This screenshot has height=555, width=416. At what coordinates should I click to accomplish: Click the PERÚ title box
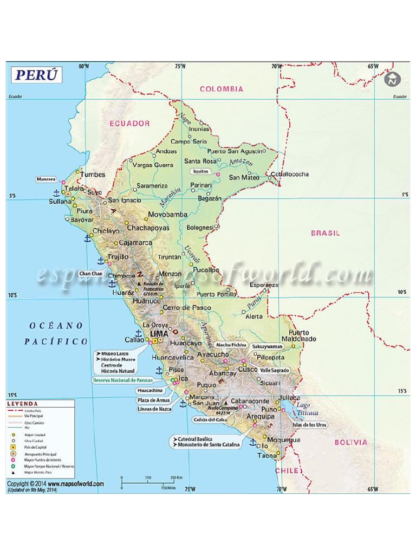(36, 75)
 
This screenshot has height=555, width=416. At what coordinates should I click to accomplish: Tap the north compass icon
(392, 79)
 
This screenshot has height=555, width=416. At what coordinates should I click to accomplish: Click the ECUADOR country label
(129, 123)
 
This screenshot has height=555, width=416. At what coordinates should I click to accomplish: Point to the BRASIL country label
(325, 233)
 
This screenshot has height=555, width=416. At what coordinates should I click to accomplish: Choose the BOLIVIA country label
(350, 442)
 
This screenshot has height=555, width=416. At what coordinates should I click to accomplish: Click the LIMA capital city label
(159, 333)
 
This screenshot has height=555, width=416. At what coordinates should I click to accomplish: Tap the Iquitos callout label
(200, 171)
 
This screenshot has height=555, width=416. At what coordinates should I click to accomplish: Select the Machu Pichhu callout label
(231, 345)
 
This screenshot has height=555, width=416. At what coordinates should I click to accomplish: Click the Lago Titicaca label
(303, 409)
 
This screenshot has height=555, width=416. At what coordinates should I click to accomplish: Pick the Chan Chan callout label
(91, 274)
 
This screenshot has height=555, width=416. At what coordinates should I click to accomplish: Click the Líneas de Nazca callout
(154, 409)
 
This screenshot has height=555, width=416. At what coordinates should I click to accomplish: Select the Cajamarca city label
(135, 243)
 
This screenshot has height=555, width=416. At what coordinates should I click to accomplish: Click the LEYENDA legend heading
(22, 404)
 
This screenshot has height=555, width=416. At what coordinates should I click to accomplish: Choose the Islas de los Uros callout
(310, 424)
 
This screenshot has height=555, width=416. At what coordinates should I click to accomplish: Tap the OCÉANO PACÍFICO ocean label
(56, 333)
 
